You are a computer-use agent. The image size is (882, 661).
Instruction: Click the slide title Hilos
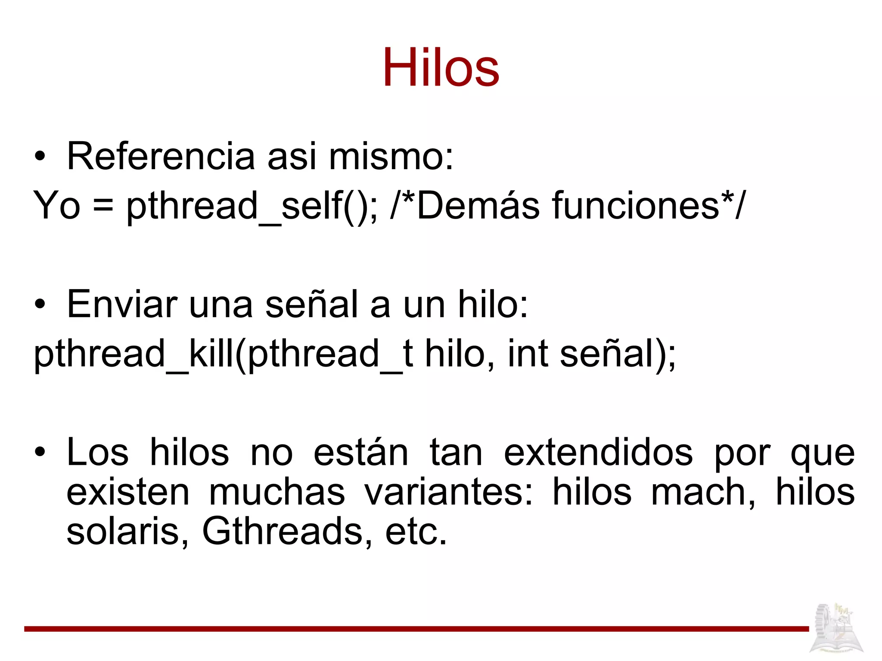point(441,68)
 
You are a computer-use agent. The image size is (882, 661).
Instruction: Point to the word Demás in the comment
point(478,206)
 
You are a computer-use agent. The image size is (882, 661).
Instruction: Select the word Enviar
point(122,304)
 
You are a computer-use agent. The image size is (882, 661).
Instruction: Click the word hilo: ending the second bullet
point(493,304)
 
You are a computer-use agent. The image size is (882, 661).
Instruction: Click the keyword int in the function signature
point(528,354)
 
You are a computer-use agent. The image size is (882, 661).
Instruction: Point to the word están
point(361,453)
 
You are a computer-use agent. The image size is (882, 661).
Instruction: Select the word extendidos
point(598,453)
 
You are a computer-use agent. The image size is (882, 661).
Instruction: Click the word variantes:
point(448,492)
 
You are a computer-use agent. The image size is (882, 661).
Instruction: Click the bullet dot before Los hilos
point(40,453)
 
